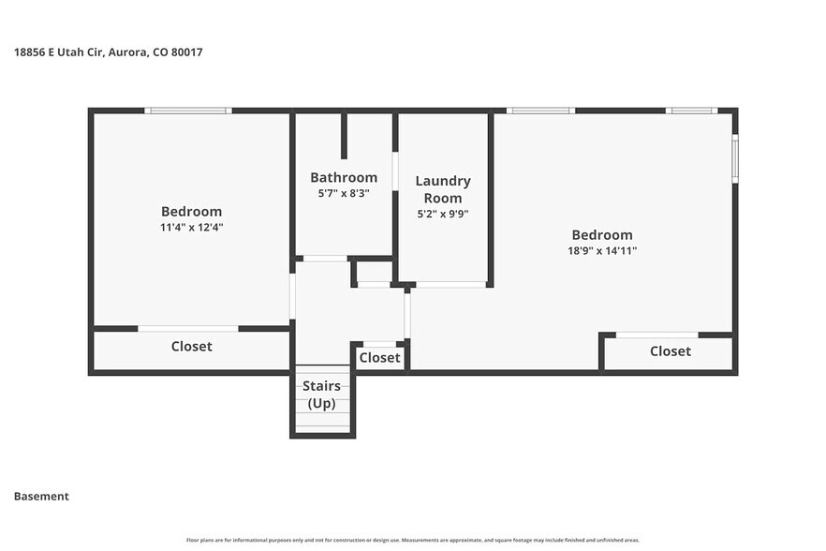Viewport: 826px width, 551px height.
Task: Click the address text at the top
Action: pyautogui.click(x=108, y=52)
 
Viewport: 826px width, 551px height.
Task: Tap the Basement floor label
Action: pyautogui.click(x=41, y=497)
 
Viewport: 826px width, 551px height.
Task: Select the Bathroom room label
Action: pyautogui.click(x=344, y=177)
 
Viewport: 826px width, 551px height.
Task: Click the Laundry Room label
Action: pyautogui.click(x=443, y=189)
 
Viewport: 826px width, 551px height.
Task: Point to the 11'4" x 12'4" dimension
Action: pyautogui.click(x=191, y=227)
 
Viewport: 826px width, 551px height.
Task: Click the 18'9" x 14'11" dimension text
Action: pyautogui.click(x=602, y=250)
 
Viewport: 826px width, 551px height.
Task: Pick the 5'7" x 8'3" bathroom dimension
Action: pyautogui.click(x=344, y=193)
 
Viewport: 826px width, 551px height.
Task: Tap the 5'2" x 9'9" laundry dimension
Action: pyautogui.click(x=443, y=214)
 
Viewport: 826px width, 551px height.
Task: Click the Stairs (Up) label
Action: pyautogui.click(x=321, y=395)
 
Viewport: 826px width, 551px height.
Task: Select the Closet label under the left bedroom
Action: pyautogui.click(x=191, y=347)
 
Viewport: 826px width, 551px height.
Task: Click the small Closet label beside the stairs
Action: pyautogui.click(x=379, y=357)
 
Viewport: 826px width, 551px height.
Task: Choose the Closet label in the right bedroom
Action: pyautogui.click(x=670, y=351)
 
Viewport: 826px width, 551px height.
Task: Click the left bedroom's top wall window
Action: pyautogui.click(x=188, y=111)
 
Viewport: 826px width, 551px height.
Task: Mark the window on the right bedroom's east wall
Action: pyautogui.click(x=735, y=158)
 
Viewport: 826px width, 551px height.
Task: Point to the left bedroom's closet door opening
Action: pyautogui.click(x=188, y=329)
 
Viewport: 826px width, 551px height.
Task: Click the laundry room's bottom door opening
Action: pyautogui.click(x=450, y=284)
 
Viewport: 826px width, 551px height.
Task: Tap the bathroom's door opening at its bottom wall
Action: pyautogui.click(x=325, y=259)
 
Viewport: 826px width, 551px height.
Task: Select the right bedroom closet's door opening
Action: pyautogui.click(x=656, y=335)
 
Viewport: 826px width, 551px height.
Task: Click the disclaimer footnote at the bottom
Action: pyautogui.click(x=413, y=541)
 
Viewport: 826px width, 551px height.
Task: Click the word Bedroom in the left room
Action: pyautogui.click(x=191, y=212)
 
